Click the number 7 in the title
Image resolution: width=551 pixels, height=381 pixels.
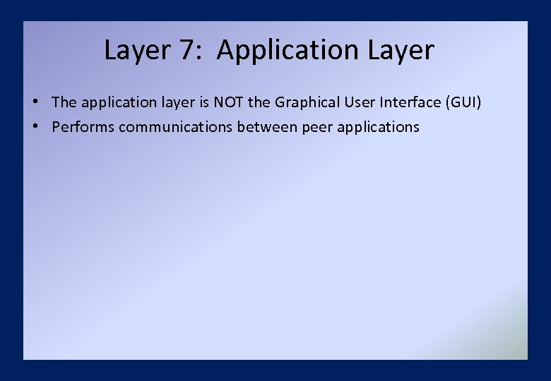pos(190,50)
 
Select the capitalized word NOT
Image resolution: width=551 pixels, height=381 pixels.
pos(228,102)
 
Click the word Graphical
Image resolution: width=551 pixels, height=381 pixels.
pos(307,102)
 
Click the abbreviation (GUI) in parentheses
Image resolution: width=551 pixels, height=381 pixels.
pos(463,102)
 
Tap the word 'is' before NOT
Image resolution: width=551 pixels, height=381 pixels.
pos(202,102)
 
